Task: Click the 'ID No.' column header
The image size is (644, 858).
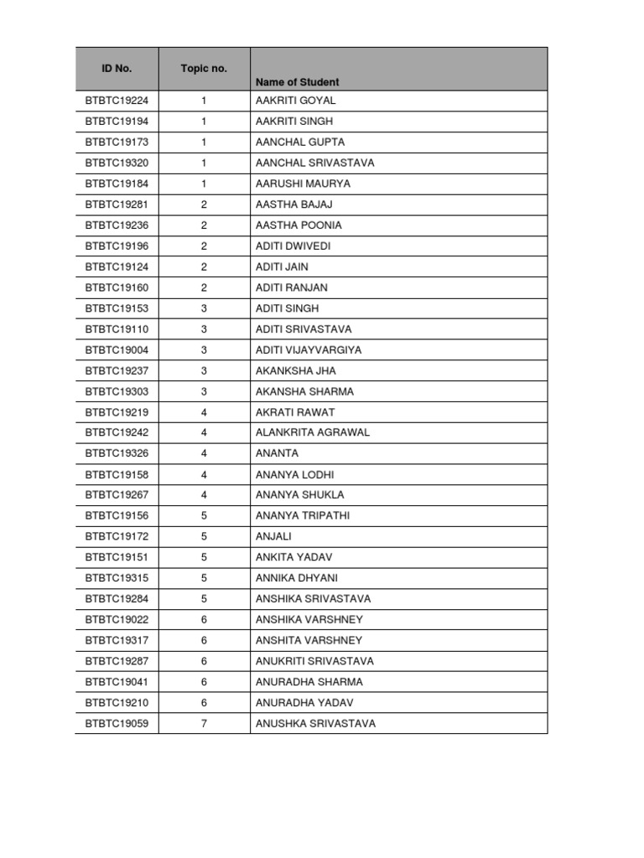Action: (117, 69)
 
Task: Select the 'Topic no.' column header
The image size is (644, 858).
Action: (204, 69)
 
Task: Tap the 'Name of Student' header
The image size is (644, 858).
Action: (298, 82)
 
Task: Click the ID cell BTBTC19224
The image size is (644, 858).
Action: (117, 101)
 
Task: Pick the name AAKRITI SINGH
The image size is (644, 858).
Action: (294, 121)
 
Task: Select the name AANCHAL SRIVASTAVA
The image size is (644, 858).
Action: (315, 163)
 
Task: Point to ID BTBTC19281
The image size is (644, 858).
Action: (117, 204)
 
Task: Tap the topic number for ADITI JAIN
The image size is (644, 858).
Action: (204, 266)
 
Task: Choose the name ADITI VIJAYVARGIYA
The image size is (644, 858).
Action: (309, 350)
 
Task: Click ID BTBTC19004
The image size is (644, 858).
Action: (117, 350)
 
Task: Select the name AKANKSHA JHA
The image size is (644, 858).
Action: (296, 370)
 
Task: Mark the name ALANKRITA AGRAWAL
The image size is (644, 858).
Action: (313, 433)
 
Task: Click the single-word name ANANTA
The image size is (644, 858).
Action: (277, 453)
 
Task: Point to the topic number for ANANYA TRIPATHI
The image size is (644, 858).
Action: (204, 516)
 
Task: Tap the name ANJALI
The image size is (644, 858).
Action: (273, 536)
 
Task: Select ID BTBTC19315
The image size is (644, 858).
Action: (117, 578)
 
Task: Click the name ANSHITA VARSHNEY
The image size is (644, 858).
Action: (309, 640)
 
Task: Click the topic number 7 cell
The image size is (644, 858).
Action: (204, 723)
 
